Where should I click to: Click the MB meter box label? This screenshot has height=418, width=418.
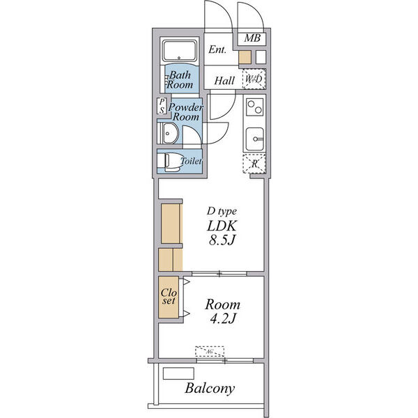[252, 38]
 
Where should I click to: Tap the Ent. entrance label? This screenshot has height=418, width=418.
[217, 49]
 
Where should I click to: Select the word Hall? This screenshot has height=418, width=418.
[224, 80]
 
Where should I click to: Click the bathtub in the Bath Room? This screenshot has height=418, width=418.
[180, 50]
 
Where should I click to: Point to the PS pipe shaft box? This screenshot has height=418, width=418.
[162, 106]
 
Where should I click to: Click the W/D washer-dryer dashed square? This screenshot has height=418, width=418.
[254, 79]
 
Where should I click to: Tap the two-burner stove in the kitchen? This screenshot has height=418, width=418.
[254, 107]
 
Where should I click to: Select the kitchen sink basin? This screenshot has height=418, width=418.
[254, 139]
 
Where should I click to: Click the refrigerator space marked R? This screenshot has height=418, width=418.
[254, 164]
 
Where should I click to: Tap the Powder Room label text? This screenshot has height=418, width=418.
[186, 112]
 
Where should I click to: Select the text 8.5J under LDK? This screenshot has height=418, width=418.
[222, 240]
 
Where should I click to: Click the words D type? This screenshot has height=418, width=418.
[222, 211]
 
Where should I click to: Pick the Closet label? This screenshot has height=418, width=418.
[169, 297]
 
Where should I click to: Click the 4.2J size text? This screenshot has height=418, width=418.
[223, 318]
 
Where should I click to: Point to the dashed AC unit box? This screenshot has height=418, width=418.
[210, 351]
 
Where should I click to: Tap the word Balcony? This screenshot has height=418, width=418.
[210, 388]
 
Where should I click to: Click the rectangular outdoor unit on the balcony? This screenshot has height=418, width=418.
[178, 373]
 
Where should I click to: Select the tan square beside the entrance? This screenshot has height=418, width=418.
[245, 57]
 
